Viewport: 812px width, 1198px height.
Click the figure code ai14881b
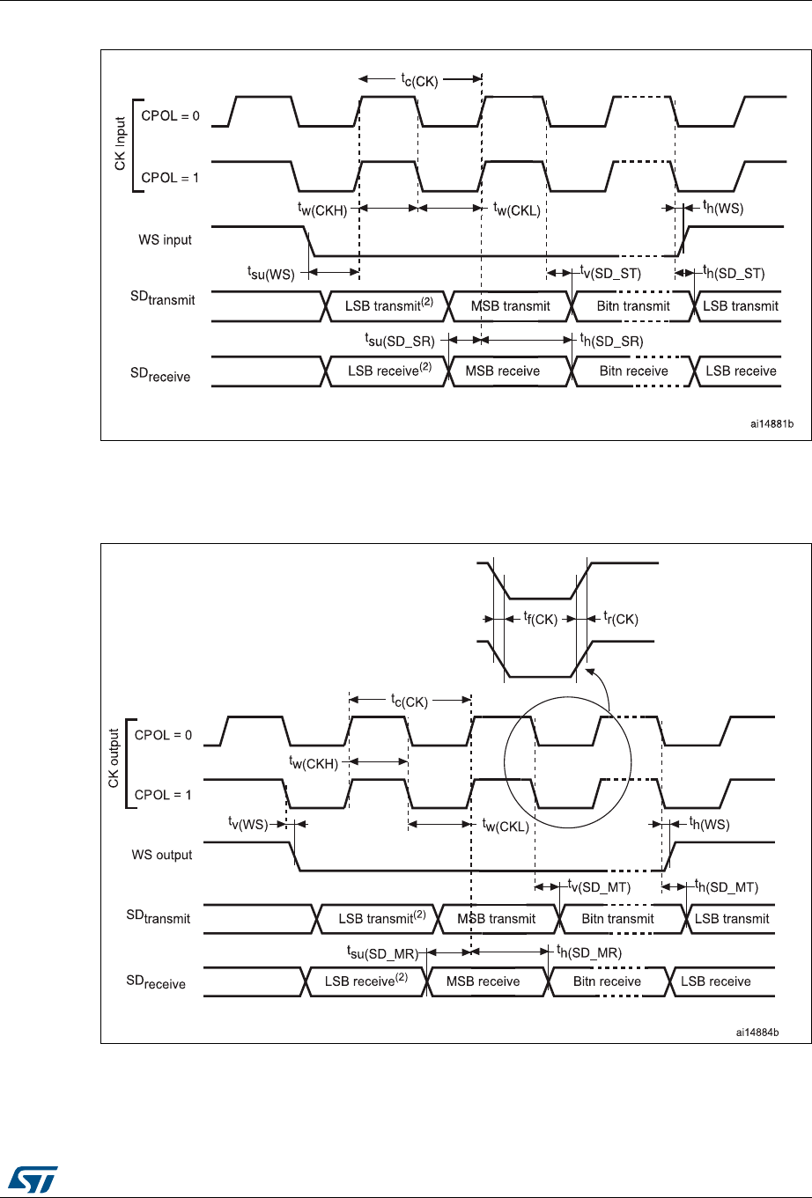(771, 423)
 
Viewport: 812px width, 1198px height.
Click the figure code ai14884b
(763, 1027)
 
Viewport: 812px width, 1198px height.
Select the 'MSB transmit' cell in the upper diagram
(511, 306)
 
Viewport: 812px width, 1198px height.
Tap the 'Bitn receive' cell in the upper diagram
(633, 371)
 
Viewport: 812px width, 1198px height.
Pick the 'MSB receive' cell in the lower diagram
(483, 981)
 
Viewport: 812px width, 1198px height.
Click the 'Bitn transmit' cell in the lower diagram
(617, 919)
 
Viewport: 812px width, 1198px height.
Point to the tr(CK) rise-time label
(620, 620)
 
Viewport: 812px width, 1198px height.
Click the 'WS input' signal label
(165, 240)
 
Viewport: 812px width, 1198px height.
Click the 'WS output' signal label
(162, 855)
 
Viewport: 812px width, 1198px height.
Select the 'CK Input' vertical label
(121, 144)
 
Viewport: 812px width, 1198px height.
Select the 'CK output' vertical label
(114, 764)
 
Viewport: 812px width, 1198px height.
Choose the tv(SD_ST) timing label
(610, 274)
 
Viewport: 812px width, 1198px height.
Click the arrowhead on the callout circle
(594, 673)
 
